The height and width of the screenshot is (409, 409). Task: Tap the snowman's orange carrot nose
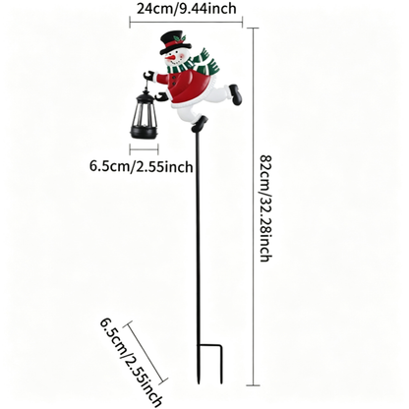pos(170,59)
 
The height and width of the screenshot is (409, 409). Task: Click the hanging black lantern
pos(145,115)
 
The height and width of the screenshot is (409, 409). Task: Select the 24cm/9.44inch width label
pos(186,8)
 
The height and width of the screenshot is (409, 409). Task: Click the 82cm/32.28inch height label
pos(265,207)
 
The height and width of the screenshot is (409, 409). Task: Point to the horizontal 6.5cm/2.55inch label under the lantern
pos(142,166)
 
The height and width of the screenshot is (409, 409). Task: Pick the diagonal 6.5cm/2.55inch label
pos(131,362)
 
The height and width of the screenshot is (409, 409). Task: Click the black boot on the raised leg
pos(235,94)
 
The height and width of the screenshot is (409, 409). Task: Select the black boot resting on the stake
pos(200,124)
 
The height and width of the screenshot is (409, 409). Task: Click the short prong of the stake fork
pos(221,364)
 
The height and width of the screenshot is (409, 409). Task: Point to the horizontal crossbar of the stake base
pos(209,345)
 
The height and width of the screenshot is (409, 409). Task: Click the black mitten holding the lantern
pos(148,75)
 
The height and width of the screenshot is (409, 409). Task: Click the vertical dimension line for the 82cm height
pos(253,206)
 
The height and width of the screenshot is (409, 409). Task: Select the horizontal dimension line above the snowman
pos(186,23)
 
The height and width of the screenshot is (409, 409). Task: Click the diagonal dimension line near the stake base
pos(146,353)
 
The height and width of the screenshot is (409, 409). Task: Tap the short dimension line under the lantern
pos(144,150)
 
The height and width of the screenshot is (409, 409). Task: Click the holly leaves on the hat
pos(179,38)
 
